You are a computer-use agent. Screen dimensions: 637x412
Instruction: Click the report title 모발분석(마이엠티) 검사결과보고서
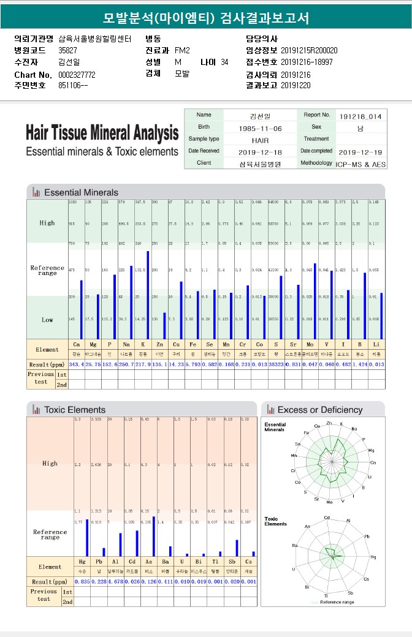tap(206, 18)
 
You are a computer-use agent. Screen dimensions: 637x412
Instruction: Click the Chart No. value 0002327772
tap(77, 75)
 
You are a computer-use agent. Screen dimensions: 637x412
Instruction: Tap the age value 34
tap(224, 62)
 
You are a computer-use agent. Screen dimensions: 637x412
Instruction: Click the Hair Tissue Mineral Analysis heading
tap(102, 133)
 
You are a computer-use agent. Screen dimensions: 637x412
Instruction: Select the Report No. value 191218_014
tap(360, 116)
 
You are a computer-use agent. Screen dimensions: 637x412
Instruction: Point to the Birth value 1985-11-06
tap(260, 128)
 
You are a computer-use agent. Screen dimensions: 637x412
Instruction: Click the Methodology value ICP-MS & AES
tap(361, 164)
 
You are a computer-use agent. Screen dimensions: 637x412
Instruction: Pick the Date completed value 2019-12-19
tap(360, 152)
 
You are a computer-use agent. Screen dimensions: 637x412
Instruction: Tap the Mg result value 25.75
tap(93, 364)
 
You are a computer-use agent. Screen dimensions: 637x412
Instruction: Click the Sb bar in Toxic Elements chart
tap(237, 548)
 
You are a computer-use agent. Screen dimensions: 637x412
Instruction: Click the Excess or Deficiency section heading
tap(319, 410)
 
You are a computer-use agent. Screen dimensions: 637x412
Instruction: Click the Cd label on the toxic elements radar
tap(327, 518)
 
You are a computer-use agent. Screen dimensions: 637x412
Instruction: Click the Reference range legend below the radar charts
tap(337, 602)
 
